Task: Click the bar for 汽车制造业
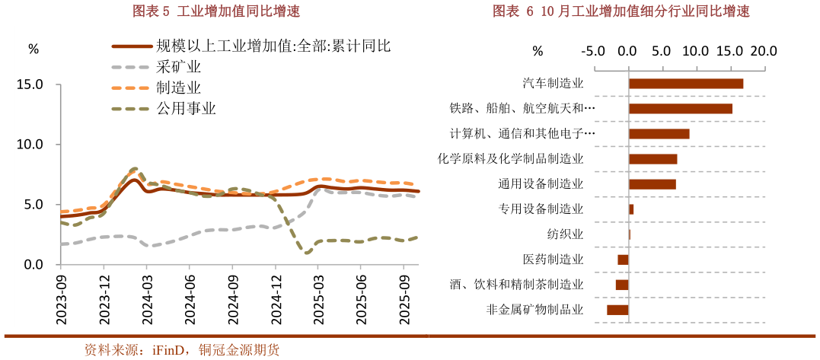tap(685, 84)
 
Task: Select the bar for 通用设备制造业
tap(652, 184)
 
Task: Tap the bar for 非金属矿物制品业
tap(617, 310)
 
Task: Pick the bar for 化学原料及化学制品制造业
tap(652, 159)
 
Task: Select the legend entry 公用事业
tap(187, 108)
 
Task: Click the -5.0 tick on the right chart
tap(592, 51)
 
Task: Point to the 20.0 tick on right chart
tap(762, 51)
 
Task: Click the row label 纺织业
tap(566, 234)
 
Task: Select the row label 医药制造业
tap(554, 260)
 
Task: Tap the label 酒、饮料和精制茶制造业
tap(517, 285)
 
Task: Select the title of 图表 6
tap(621, 11)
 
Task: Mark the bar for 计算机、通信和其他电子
tap(659, 134)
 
